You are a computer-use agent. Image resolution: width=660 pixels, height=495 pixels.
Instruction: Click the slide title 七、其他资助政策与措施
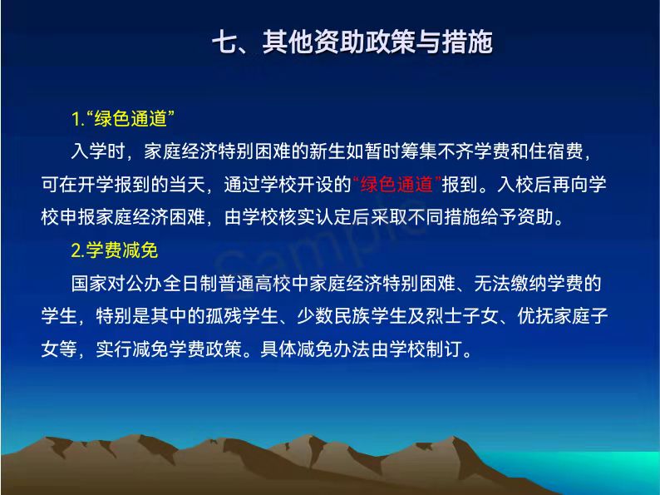coord(352,42)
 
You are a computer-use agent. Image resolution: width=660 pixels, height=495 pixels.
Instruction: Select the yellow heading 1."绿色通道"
coord(123,119)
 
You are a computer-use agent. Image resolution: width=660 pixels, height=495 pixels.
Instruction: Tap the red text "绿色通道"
coord(397,185)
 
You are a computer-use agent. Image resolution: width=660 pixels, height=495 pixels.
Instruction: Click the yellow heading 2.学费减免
coord(115,250)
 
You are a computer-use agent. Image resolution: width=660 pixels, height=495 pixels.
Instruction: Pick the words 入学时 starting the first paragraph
coord(98,151)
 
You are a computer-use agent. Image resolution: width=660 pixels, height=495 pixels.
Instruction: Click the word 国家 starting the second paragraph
coord(89,283)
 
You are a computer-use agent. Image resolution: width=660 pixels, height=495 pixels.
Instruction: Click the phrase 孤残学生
coord(242,316)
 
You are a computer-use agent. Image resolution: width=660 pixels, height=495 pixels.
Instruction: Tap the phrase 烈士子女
coord(462,316)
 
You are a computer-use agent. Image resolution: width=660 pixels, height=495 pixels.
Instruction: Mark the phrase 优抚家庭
coord(554,316)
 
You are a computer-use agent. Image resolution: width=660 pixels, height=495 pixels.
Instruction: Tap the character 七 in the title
coord(224,42)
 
